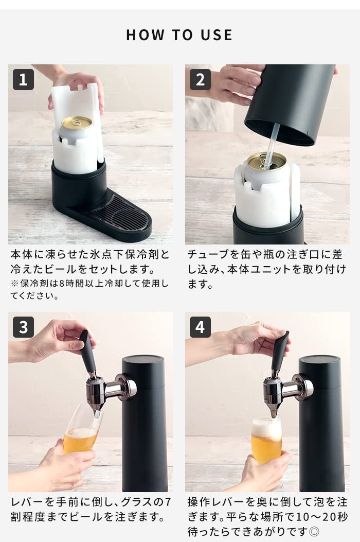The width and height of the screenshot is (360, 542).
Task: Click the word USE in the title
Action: pyautogui.click(x=217, y=35)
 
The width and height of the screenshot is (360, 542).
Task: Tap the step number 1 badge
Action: pyautogui.click(x=23, y=79)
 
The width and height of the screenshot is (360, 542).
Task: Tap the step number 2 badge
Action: pyautogui.click(x=200, y=79)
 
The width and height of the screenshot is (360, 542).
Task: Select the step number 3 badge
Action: pyautogui.click(x=23, y=327)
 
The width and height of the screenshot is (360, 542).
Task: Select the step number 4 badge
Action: pyautogui.click(x=200, y=327)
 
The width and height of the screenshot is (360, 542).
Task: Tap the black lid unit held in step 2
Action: pyautogui.click(x=290, y=103)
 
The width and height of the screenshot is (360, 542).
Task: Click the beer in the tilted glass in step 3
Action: pyautogui.click(x=80, y=440)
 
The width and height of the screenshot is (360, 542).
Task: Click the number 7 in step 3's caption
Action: pyautogui.click(x=168, y=501)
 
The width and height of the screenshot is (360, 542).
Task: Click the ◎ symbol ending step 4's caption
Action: pyautogui.click(x=314, y=531)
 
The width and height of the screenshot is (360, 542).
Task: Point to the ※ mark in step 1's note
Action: pyautogui.click(x=14, y=284)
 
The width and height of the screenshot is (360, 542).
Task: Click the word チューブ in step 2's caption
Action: pyautogui.click(x=208, y=254)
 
